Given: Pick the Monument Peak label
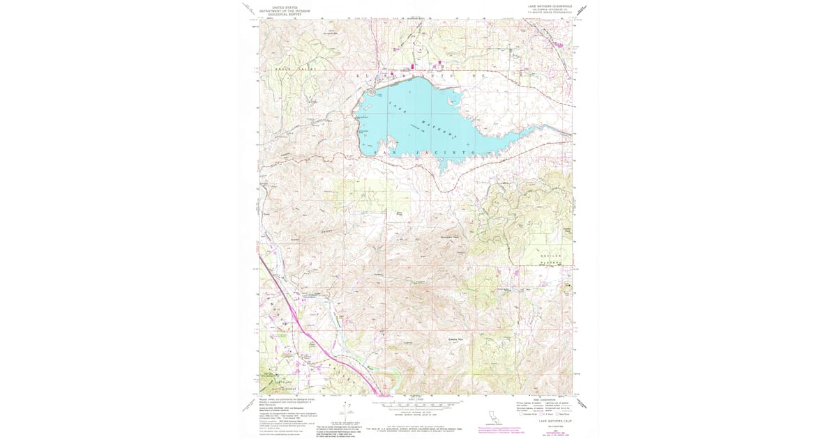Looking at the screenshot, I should click(454, 236).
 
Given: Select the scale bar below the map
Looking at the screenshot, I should click(418, 403).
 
